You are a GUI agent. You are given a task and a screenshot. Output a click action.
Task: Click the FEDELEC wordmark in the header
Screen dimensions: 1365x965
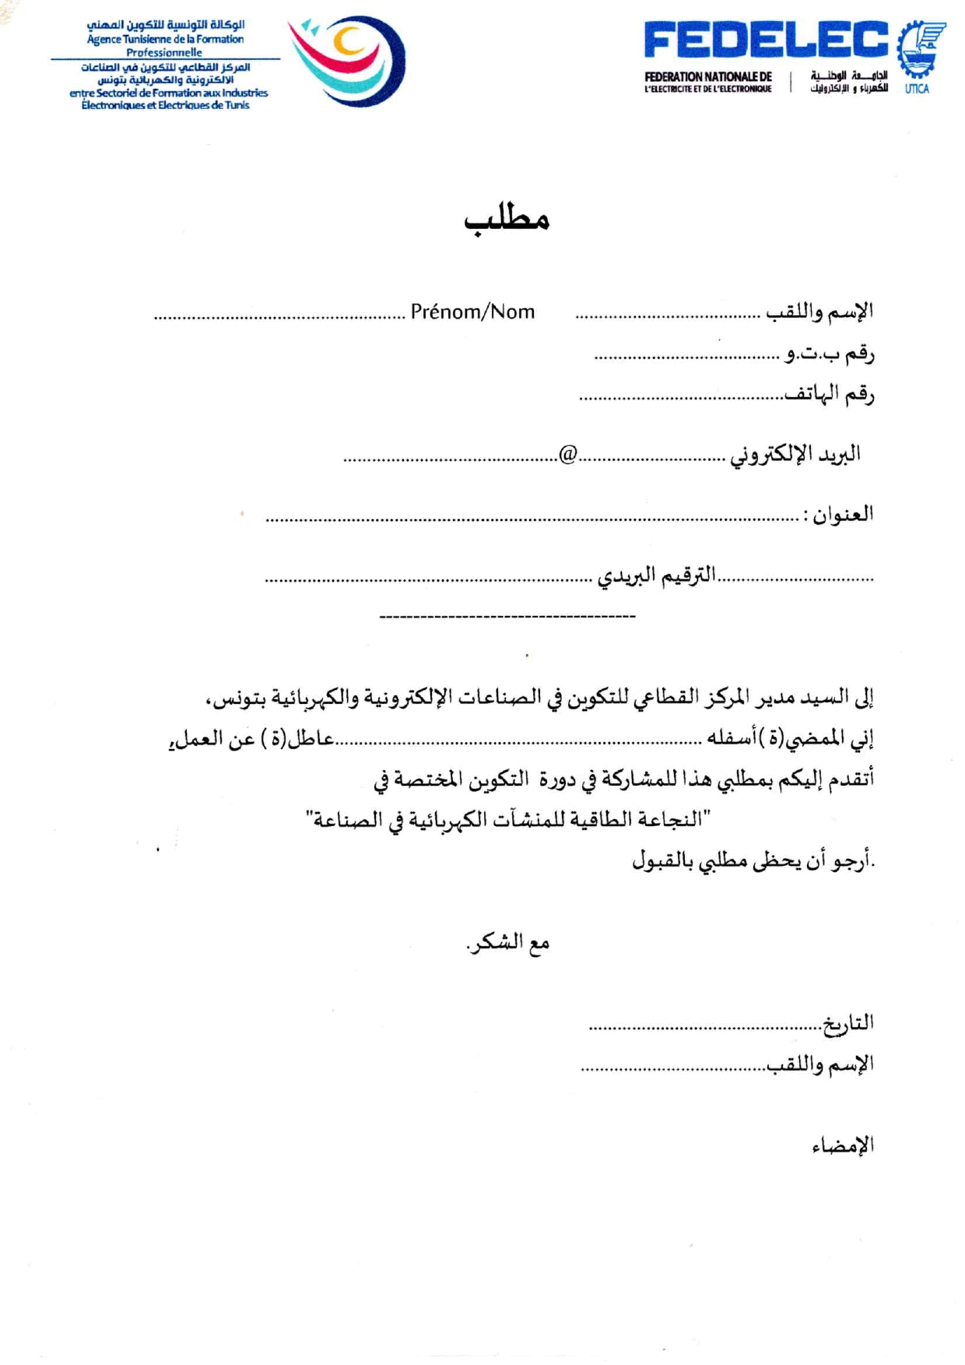coord(766,40)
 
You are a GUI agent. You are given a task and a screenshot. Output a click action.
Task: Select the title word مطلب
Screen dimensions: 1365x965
coord(507,218)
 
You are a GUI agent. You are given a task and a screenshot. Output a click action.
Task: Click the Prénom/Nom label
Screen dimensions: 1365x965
coord(472,312)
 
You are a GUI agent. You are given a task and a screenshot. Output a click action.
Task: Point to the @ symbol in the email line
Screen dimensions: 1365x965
coord(568,454)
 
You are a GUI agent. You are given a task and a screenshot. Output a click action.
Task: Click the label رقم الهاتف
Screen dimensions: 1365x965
coord(829,394)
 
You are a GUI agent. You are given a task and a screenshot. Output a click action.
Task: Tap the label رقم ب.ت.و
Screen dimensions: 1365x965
coord(830,354)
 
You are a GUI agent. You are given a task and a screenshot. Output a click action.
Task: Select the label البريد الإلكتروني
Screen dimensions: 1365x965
coord(795,454)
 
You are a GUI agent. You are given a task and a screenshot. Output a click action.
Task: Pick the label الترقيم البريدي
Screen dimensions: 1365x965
coord(656,576)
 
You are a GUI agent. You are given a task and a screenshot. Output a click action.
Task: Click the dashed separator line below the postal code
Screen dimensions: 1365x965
coord(507,617)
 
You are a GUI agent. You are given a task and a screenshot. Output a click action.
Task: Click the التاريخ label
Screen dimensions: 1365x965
coord(848,1023)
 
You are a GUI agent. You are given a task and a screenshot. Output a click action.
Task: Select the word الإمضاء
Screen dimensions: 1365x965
coord(843,1145)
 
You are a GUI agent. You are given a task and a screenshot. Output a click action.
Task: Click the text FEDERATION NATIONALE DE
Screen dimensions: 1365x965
coord(708,76)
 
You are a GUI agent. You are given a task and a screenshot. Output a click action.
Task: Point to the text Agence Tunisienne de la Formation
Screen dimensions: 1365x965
coord(165,39)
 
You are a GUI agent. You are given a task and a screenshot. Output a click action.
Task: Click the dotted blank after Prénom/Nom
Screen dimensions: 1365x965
coord(279,317)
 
